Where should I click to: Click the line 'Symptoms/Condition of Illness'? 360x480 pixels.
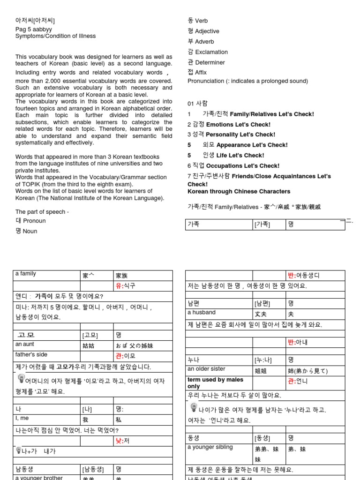click(x=55, y=36)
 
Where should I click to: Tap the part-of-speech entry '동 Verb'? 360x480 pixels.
click(x=197, y=21)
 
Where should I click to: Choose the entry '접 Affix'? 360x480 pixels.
click(x=197, y=73)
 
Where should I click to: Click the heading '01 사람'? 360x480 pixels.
click(x=197, y=104)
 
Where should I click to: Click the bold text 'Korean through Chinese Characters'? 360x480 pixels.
click(x=239, y=192)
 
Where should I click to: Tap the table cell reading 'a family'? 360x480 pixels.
click(x=26, y=274)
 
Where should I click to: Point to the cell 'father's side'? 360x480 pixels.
click(x=31, y=355)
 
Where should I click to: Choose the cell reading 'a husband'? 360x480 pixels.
click(x=202, y=313)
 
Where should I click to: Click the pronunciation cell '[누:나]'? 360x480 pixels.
click(x=263, y=360)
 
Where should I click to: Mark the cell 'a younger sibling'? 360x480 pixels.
click(x=210, y=447)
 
